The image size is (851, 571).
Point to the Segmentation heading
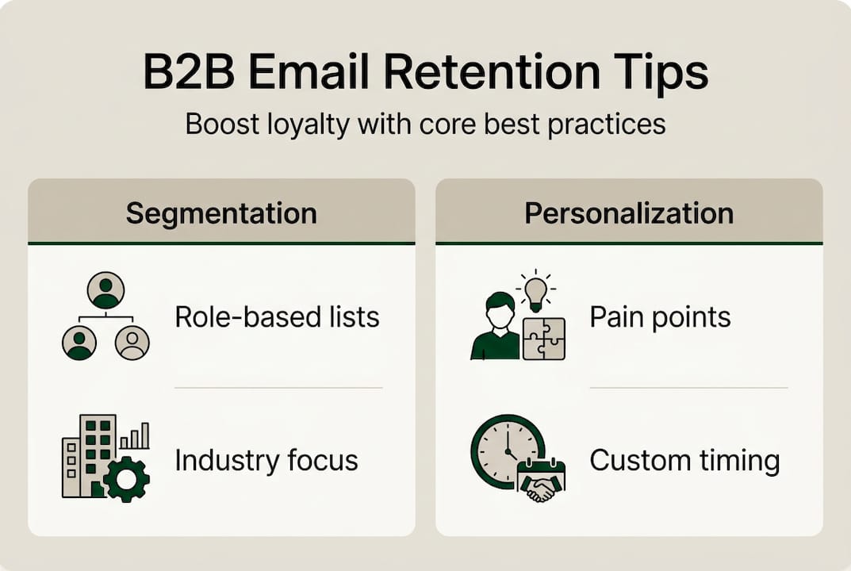click(x=221, y=213)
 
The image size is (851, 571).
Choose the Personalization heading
click(x=629, y=213)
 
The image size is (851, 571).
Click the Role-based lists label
click(x=277, y=317)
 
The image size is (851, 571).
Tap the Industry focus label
click(x=266, y=460)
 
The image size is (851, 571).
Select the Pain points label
click(x=660, y=317)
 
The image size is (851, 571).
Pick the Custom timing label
click(x=684, y=460)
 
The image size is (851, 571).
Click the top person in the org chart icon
click(x=105, y=290)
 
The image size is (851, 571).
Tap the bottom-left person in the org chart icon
click(x=79, y=343)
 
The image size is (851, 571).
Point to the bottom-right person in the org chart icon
click(x=132, y=343)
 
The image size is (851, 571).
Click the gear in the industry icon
click(x=126, y=478)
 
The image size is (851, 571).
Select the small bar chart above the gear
click(x=134, y=435)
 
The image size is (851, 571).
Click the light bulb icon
click(x=536, y=289)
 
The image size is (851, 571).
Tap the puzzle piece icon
click(x=544, y=339)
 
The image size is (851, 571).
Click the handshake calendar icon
click(x=541, y=481)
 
